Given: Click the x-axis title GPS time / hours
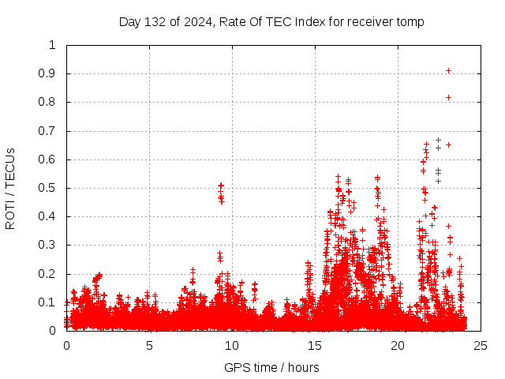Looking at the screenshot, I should pyautogui.click(x=271, y=367).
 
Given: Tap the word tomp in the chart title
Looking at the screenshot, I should pyautogui.click(x=410, y=21).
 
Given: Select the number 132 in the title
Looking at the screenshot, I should pyautogui.click(x=155, y=21).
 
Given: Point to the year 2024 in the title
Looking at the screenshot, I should pyautogui.click(x=197, y=21).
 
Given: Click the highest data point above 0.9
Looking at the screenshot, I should pyautogui.click(x=448, y=70).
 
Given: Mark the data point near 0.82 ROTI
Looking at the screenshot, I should pyautogui.click(x=448, y=97).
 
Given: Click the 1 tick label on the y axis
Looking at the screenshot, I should pyautogui.click(x=53, y=45).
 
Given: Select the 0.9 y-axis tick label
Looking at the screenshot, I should pyautogui.click(x=50, y=73).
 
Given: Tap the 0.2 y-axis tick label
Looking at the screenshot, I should pyautogui.click(x=50, y=274).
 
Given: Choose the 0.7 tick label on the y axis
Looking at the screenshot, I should pyautogui.click(x=50, y=131).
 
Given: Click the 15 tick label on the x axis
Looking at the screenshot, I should pyautogui.click(x=315, y=345).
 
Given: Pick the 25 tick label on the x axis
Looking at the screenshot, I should pyautogui.click(x=481, y=345).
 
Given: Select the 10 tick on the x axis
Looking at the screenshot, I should pyautogui.click(x=232, y=345).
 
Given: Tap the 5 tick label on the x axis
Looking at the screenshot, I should pyautogui.click(x=149, y=345).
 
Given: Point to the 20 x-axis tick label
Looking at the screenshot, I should pyautogui.click(x=398, y=345).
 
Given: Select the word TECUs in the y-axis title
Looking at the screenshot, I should pyautogui.click(x=10, y=167).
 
